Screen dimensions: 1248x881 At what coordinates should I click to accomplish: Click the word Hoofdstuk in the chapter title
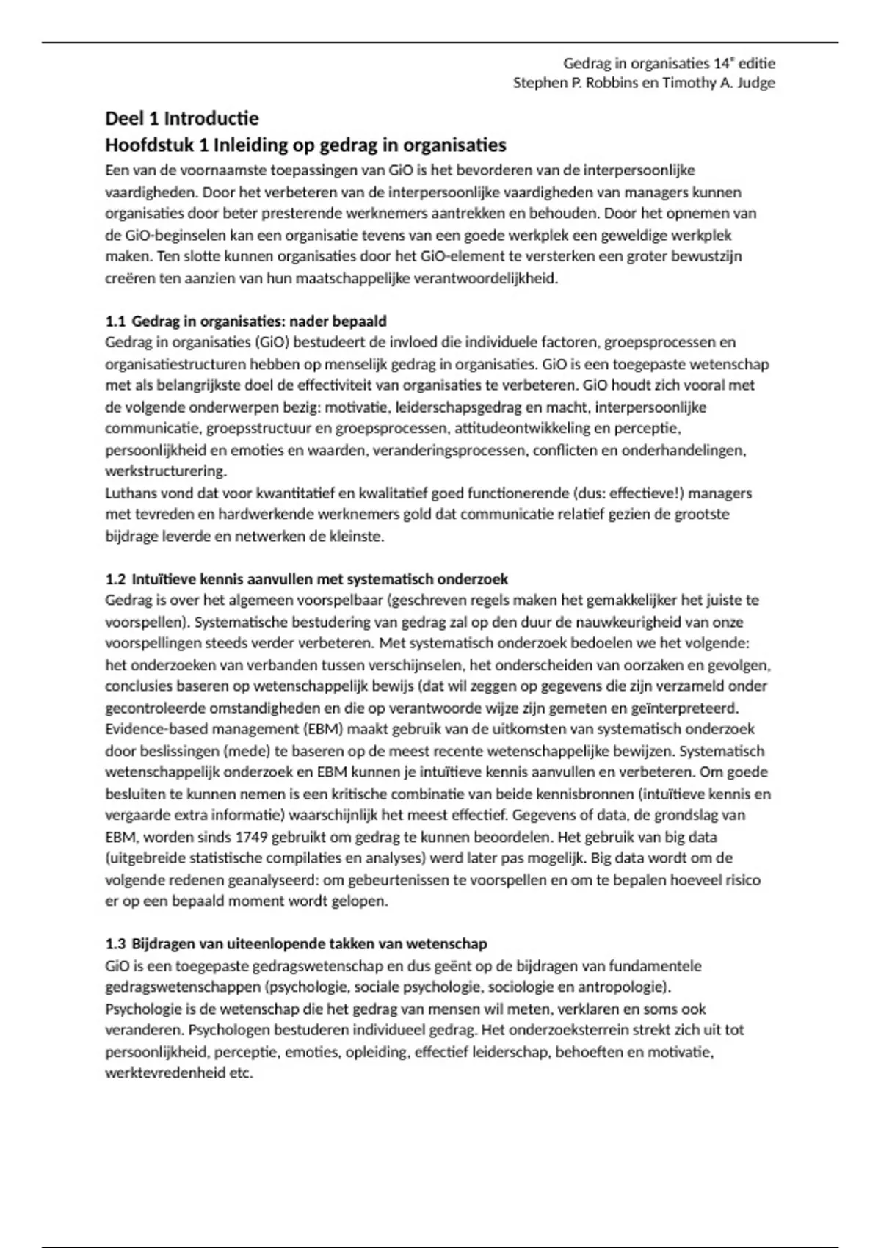coord(145,145)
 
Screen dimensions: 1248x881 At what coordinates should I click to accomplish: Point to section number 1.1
coord(115,322)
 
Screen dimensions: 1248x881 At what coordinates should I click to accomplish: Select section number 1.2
coord(115,579)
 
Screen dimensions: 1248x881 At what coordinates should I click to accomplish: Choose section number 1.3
coord(115,944)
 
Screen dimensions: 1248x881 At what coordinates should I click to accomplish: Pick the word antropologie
coord(626,987)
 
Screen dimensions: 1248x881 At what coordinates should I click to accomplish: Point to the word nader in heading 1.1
coord(309,322)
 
